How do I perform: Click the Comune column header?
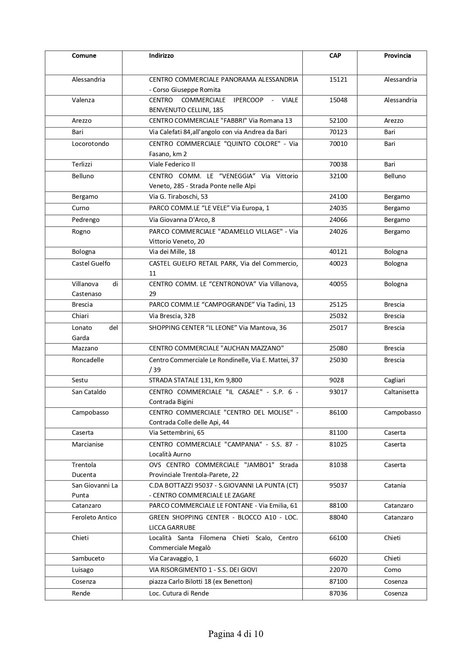point(84,56)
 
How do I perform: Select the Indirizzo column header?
point(161,56)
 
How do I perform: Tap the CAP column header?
point(335,56)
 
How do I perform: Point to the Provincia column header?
point(397,56)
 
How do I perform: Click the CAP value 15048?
point(338,100)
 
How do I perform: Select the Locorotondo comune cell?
point(91,144)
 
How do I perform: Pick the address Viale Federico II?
point(172,165)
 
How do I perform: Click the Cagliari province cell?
point(394,380)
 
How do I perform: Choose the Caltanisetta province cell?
point(401,392)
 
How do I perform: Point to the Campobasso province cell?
point(402,413)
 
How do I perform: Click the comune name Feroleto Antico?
point(94,518)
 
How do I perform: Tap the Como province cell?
point(393,570)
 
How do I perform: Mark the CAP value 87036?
point(338,594)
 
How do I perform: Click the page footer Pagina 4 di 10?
point(236,634)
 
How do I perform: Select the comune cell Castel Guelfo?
point(91,264)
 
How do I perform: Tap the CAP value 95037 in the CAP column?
point(338,486)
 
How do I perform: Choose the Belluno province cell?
point(395,176)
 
